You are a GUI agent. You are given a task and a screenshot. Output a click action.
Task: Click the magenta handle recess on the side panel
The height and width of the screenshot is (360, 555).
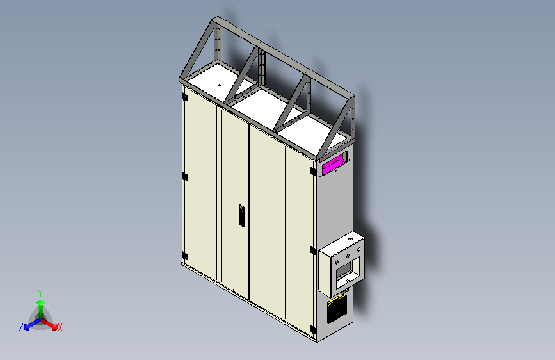click(x=333, y=165)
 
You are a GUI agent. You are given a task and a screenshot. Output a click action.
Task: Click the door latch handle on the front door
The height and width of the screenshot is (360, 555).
click(x=242, y=215)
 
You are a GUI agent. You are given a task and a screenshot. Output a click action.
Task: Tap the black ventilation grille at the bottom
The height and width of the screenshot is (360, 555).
click(x=337, y=309)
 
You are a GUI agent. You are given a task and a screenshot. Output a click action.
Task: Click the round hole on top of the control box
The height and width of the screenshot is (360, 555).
click(x=350, y=239)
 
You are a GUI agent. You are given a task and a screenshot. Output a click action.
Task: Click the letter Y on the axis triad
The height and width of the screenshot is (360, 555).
click(x=40, y=293)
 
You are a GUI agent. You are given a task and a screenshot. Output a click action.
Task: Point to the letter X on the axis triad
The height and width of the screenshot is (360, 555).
click(x=60, y=328)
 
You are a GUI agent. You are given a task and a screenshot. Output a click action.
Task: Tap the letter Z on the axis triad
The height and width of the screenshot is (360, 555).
click(x=21, y=327)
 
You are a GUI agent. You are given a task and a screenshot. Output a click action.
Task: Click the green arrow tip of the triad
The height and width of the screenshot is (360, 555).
click(x=41, y=302)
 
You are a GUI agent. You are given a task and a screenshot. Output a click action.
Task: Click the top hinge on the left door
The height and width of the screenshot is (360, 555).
click(x=184, y=97)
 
